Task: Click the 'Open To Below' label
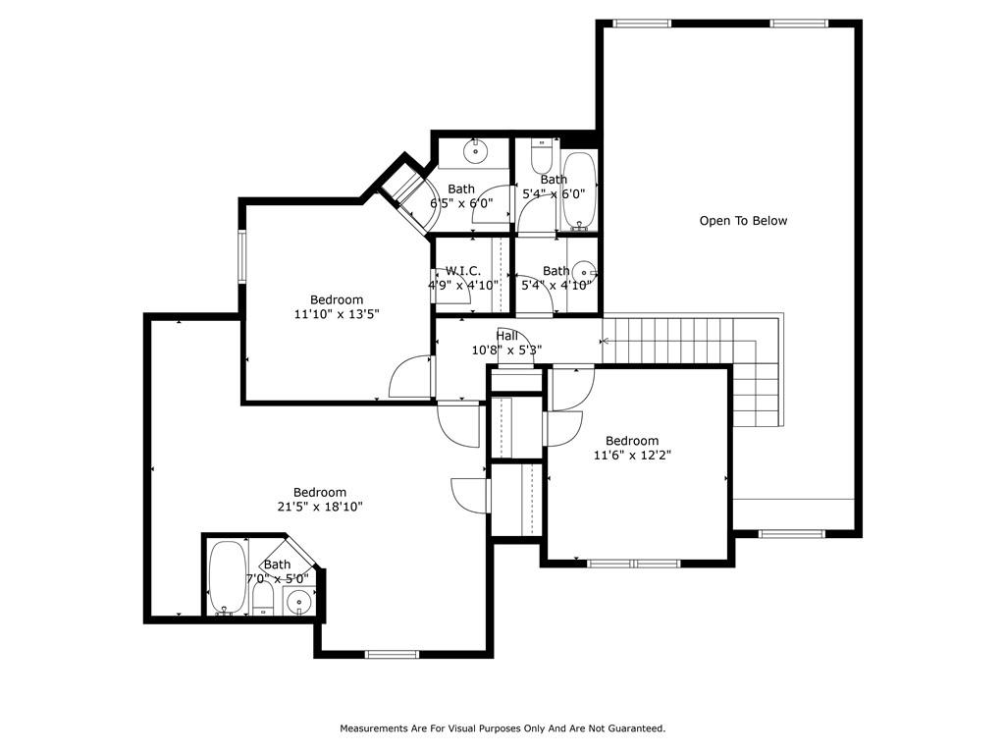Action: pyautogui.click(x=743, y=221)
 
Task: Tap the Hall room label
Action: pyautogui.click(x=507, y=336)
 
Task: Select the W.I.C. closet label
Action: pyautogui.click(x=463, y=271)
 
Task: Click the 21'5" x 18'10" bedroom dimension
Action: pyautogui.click(x=320, y=507)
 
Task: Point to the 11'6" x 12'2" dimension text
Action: pyautogui.click(x=632, y=456)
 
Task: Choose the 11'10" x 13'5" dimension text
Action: pyautogui.click(x=337, y=314)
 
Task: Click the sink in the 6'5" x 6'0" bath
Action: pyautogui.click(x=476, y=152)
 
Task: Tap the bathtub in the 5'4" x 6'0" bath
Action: pyautogui.click(x=580, y=191)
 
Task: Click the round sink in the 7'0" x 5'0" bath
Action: pyautogui.click(x=298, y=602)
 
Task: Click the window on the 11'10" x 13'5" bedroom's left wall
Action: pyautogui.click(x=242, y=256)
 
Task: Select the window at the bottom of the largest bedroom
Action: pyautogui.click(x=393, y=654)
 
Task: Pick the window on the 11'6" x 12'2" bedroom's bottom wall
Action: pyautogui.click(x=633, y=564)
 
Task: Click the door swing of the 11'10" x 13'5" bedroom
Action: pyautogui.click(x=410, y=376)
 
